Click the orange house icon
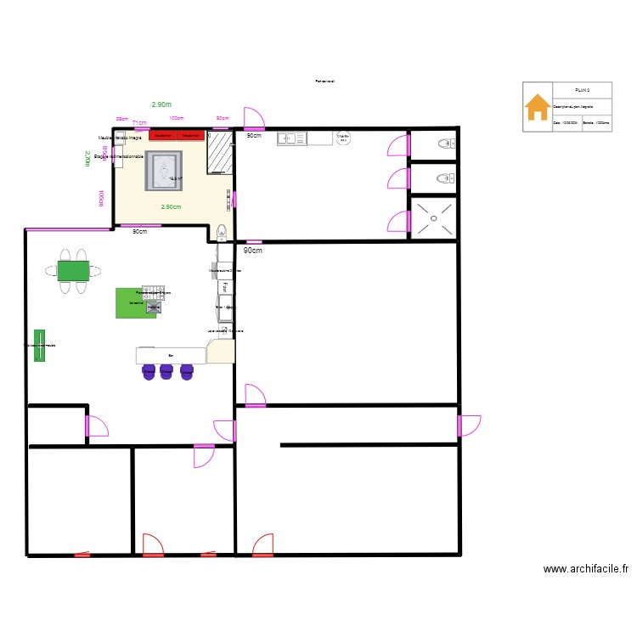coord(537,107)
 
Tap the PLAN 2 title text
coord(582,89)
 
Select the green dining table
coord(73,271)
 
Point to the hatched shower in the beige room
coord(220,152)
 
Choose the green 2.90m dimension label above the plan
coord(161,104)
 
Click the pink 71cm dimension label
coord(138,122)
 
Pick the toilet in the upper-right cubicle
coord(443,144)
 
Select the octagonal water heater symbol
coord(344,138)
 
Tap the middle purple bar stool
coord(167,371)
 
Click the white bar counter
coord(172,355)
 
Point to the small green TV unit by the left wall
coord(39,345)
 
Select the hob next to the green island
coord(153,307)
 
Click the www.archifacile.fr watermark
coord(585,570)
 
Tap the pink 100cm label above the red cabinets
coord(177,119)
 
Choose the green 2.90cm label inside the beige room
coord(171,206)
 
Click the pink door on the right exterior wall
coord(468,425)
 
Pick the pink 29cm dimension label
coord(122,119)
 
